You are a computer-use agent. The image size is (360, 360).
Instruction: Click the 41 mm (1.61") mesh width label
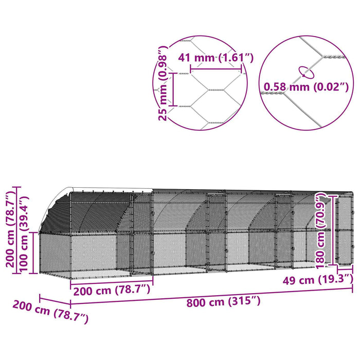click(216, 58)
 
